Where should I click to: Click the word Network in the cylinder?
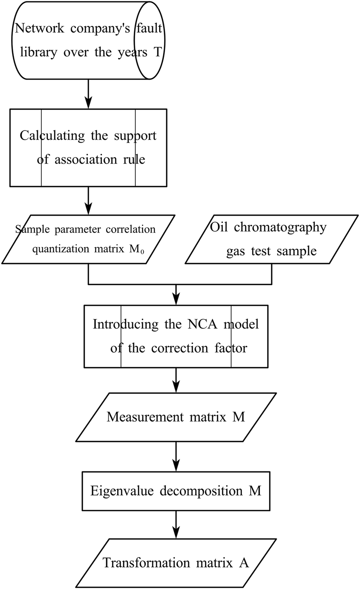40,28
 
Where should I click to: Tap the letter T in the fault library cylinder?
158,52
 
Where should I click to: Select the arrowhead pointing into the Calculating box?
88,103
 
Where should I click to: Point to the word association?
86,160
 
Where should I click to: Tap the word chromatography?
280,227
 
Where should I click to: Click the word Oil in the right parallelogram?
219,227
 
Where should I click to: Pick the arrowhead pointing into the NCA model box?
176,299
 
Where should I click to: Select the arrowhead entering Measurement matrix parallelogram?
176,386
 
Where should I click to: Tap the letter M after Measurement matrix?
239,417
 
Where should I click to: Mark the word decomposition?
201,491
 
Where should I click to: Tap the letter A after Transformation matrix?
244,563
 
